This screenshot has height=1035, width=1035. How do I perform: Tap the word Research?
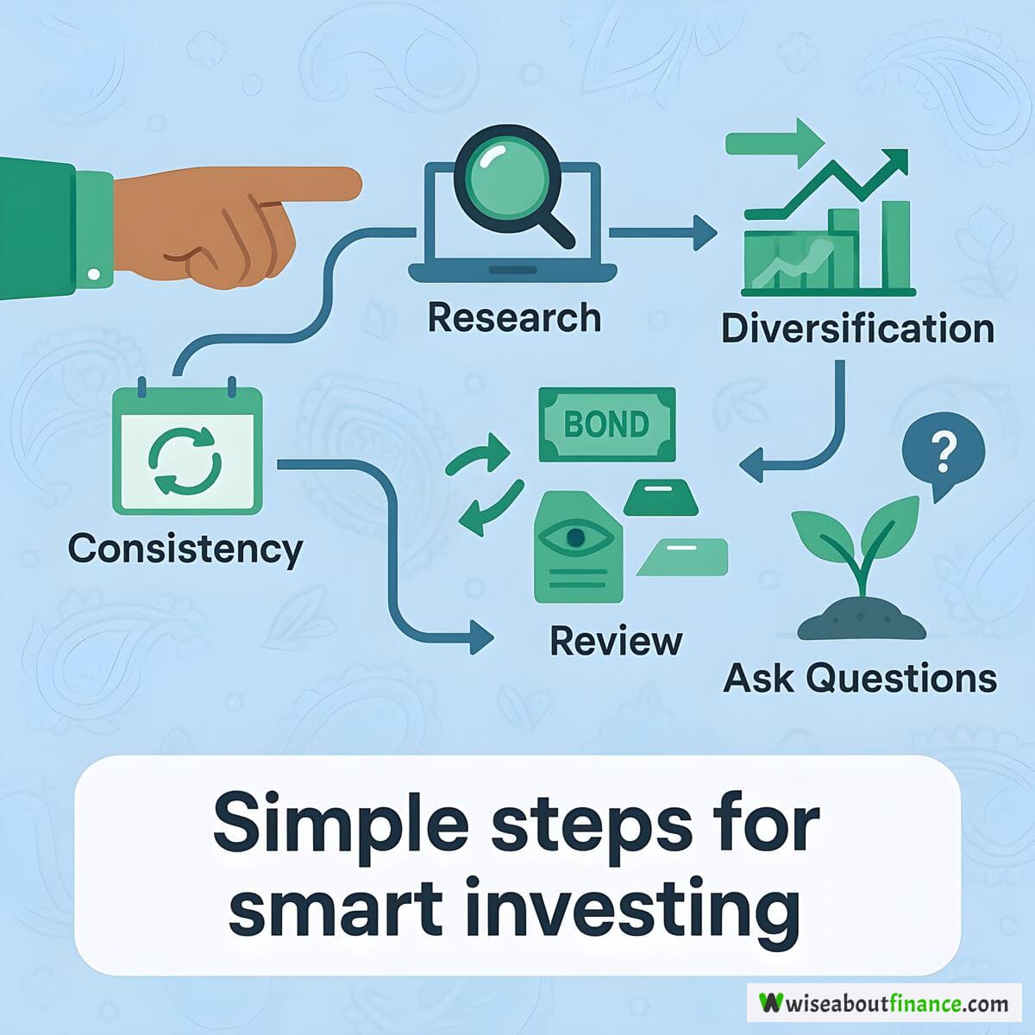pos(514,318)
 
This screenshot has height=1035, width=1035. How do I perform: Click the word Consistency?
pos(185,549)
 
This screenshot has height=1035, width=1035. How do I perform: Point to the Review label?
pos(616,642)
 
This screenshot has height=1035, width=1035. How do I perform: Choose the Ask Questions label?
pos(860,679)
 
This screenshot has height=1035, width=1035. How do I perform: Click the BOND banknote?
pos(607,425)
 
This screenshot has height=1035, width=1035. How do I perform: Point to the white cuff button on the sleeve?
pos(94,274)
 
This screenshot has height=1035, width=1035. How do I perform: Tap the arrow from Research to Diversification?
pos(662,233)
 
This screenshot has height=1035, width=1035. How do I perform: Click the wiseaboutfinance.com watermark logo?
pos(884,1003)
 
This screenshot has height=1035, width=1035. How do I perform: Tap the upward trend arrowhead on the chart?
pos(894,162)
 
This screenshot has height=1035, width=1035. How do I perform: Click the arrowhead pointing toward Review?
pos(481,637)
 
